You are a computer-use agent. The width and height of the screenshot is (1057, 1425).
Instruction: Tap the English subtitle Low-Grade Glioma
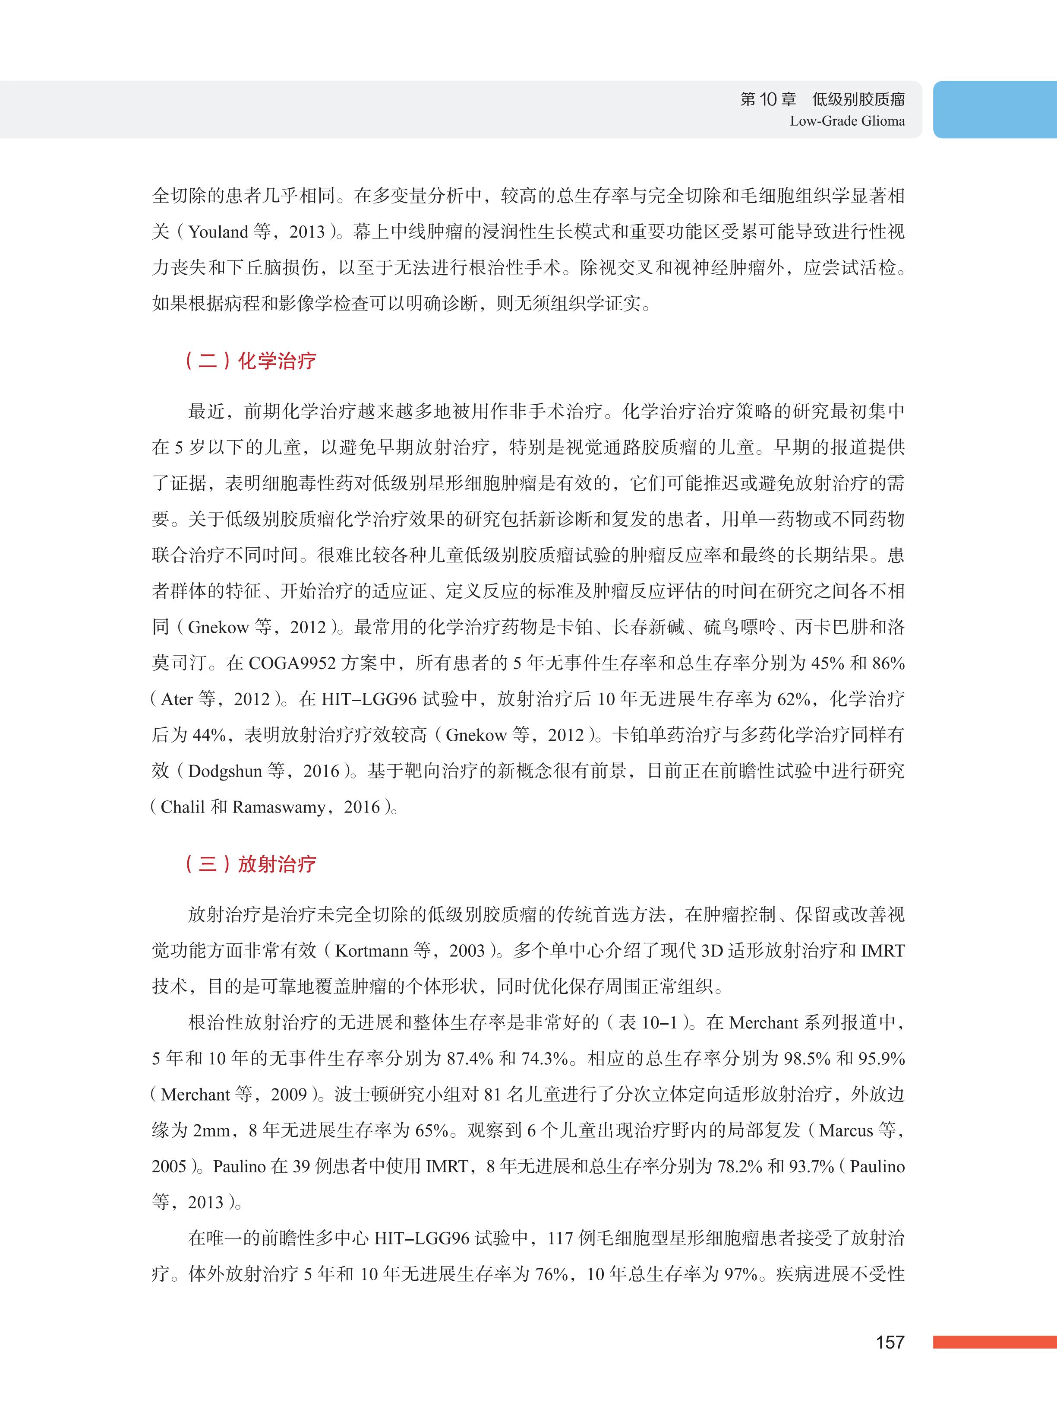[847, 121]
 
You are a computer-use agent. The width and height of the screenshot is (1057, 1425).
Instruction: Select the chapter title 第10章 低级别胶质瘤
[822, 99]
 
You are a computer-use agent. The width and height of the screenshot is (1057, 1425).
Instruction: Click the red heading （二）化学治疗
[251, 361]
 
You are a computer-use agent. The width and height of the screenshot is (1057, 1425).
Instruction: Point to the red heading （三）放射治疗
[251, 864]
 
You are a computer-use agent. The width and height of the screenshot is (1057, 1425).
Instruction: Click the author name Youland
[218, 232]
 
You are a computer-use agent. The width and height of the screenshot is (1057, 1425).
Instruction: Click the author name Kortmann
[371, 951]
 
